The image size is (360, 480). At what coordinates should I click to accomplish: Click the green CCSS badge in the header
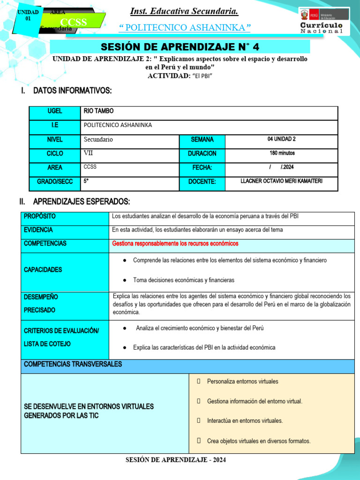[73, 22]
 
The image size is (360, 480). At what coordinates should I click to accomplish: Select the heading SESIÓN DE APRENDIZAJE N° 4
[180, 46]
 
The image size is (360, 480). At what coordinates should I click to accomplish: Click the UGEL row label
[55, 111]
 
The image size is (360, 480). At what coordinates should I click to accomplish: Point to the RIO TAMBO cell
[98, 111]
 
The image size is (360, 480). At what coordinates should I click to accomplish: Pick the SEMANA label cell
[202, 139]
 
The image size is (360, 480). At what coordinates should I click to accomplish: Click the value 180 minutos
[282, 153]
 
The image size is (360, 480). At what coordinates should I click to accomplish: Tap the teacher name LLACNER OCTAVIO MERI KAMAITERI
[281, 181]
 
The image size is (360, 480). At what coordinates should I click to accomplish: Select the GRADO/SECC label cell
[55, 181]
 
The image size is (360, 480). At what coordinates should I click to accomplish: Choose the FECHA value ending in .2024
[281, 167]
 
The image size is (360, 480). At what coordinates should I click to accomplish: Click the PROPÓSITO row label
[40, 216]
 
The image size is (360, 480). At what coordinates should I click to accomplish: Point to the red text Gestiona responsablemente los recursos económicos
[175, 244]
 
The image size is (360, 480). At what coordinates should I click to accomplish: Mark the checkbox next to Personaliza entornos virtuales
[199, 382]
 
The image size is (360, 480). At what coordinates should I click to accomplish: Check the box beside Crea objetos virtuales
[199, 441]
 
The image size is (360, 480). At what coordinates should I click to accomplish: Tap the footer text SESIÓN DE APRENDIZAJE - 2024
[176, 460]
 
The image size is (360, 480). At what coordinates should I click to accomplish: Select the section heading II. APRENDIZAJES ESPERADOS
[75, 202]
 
